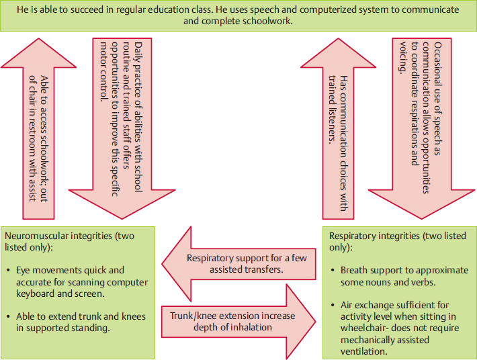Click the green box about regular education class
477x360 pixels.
coord(238,16)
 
